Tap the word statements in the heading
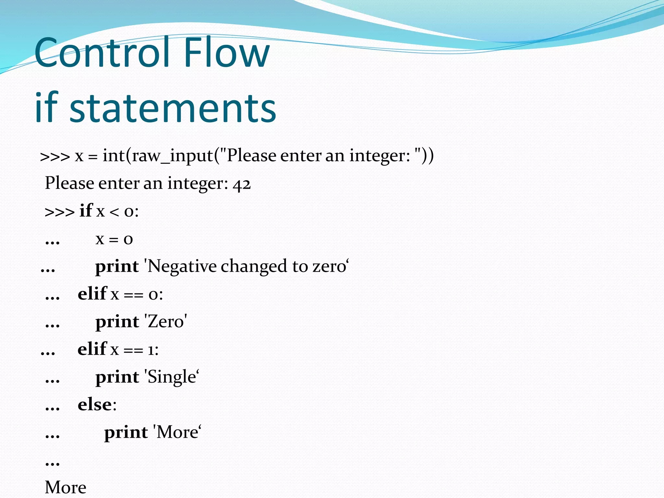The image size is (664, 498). (x=172, y=108)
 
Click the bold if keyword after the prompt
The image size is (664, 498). (x=86, y=211)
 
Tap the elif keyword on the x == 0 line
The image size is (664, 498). (x=92, y=294)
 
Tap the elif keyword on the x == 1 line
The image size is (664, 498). (x=92, y=349)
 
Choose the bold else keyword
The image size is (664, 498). (x=95, y=405)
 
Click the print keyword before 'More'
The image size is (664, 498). (x=126, y=433)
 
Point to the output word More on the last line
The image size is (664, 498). (x=65, y=487)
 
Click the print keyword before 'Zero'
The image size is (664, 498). (x=117, y=322)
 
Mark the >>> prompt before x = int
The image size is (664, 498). (x=55, y=157)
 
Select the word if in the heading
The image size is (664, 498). (x=46, y=108)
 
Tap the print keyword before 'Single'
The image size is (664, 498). (x=117, y=377)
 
